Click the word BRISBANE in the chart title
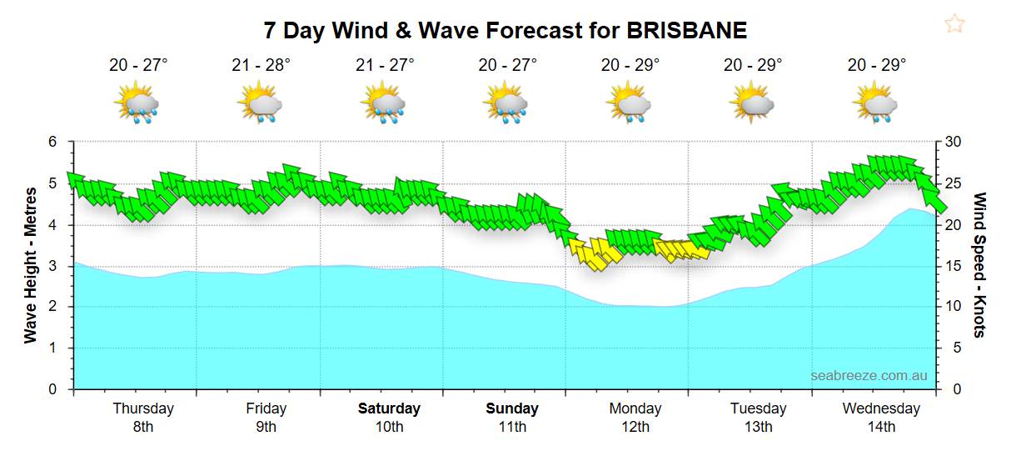(687, 31)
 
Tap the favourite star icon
(954, 23)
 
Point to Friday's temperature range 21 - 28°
(261, 65)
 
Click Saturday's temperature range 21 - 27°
(384, 65)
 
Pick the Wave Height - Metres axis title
(32, 265)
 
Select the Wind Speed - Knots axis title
(979, 265)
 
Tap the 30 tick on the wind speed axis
(953, 143)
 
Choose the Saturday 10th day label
(389, 417)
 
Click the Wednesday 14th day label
(881, 417)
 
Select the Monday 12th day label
(635, 417)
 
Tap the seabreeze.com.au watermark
(869, 376)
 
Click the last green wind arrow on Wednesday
(935, 200)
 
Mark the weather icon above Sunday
(505, 103)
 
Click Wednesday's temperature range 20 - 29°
(877, 65)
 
